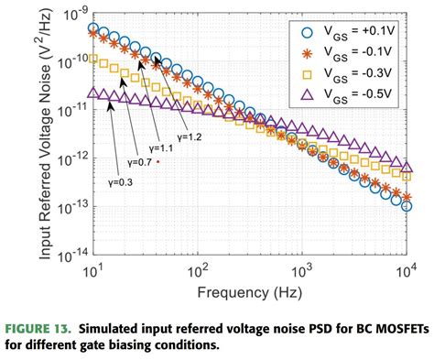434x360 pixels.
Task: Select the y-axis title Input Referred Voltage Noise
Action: point(43,133)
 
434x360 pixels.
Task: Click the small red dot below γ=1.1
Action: point(158,161)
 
